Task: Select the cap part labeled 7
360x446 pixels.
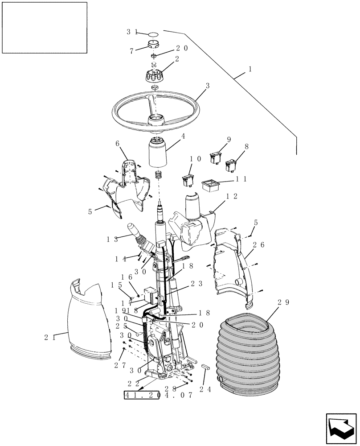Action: [154, 45]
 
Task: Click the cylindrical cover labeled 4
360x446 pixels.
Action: [157, 154]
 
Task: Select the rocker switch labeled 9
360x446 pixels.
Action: [217, 157]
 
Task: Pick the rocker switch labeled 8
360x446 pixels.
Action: [232, 165]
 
